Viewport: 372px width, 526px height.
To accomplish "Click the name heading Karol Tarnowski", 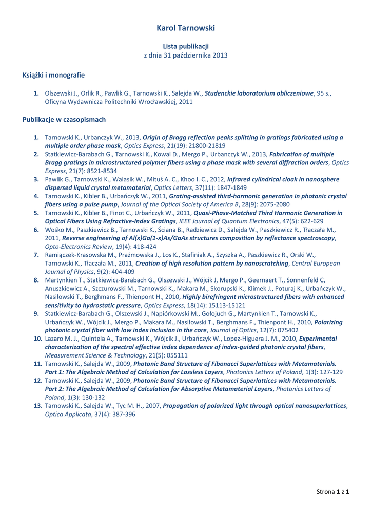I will tap(185, 28).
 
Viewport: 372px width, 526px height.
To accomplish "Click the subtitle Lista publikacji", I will tap(185, 47).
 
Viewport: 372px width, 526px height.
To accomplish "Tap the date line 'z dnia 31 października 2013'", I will tap(185, 55).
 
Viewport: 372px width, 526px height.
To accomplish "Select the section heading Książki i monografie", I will tap(53, 76).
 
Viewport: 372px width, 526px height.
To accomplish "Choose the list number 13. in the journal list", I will tap(37, 405).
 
